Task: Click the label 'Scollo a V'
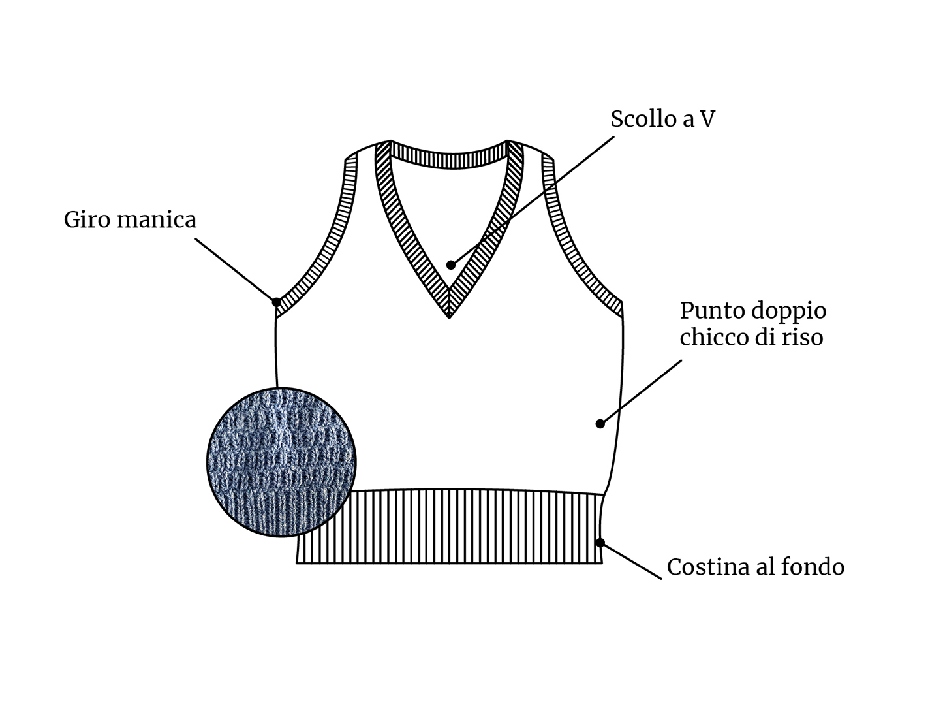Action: click(x=662, y=118)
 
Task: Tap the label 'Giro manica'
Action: click(x=130, y=219)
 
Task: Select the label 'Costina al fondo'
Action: click(x=756, y=566)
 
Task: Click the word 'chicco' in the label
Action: click(x=713, y=337)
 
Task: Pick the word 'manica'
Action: click(x=157, y=219)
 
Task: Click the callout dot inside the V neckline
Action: click(x=451, y=265)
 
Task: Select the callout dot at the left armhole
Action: click(x=277, y=302)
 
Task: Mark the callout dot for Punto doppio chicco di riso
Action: click(x=600, y=424)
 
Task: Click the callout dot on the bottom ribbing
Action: click(x=600, y=543)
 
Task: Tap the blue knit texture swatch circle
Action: click(x=281, y=462)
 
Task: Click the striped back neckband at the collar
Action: click(x=449, y=159)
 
